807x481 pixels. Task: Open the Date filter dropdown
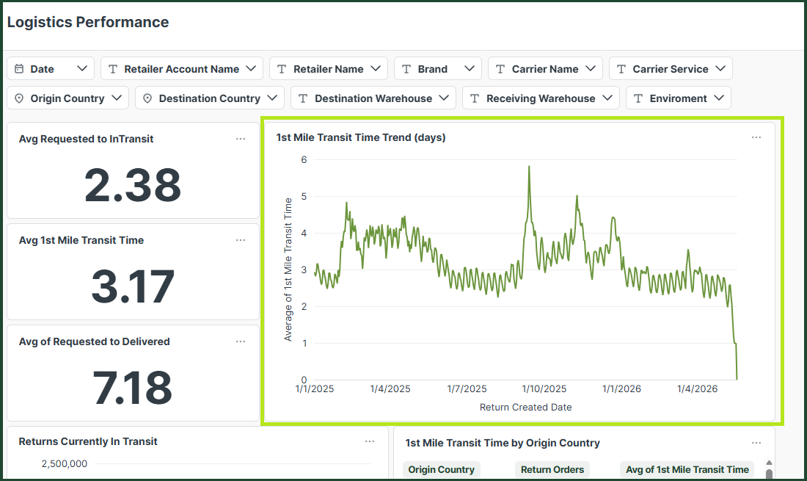click(51, 68)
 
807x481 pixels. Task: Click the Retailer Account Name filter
click(182, 68)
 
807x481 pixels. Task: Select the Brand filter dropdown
click(438, 68)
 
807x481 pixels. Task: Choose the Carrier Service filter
click(671, 68)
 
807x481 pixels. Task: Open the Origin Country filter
click(68, 98)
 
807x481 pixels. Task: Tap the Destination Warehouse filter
click(373, 98)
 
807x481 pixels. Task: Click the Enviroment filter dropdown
click(679, 98)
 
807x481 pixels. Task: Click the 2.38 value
click(133, 185)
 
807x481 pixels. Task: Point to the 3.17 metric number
click(133, 286)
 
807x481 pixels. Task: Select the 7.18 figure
click(132, 388)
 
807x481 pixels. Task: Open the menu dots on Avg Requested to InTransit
click(241, 139)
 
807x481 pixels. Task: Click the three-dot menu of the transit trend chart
click(756, 137)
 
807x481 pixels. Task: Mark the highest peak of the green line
click(529, 167)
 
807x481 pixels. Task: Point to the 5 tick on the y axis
click(304, 196)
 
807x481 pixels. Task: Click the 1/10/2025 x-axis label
click(544, 388)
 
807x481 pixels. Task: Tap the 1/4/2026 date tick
click(698, 388)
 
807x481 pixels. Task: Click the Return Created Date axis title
click(525, 407)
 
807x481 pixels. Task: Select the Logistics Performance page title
click(88, 22)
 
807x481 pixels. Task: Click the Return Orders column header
click(552, 469)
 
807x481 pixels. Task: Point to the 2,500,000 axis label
click(65, 463)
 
